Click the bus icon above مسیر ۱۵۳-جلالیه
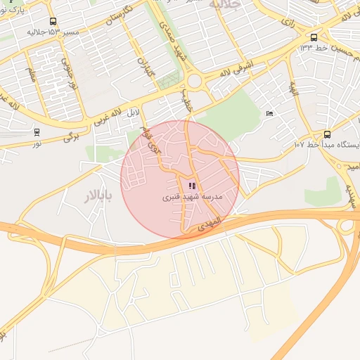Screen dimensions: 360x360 tap(53, 22)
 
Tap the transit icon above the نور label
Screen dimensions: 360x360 tap(37, 131)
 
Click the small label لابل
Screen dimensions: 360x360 tap(134, 112)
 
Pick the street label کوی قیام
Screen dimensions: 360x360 tap(150, 143)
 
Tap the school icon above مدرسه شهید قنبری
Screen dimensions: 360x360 tap(192, 186)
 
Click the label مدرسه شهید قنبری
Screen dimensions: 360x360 tap(192, 198)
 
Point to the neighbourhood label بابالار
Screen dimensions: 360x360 tap(98, 196)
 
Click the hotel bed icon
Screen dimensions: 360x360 tap(269, 113)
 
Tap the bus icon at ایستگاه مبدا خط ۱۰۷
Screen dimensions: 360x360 tap(327, 134)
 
